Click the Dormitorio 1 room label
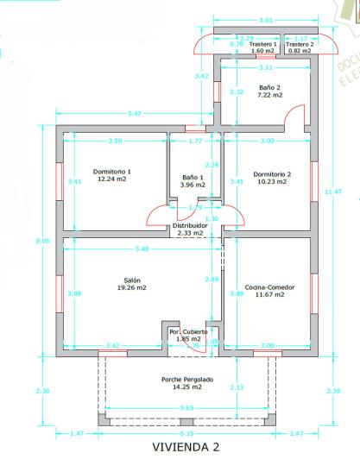(x=113, y=172)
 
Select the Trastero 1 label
(x=262, y=44)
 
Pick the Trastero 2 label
(x=300, y=44)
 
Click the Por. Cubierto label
(x=187, y=331)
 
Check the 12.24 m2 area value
(x=113, y=180)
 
